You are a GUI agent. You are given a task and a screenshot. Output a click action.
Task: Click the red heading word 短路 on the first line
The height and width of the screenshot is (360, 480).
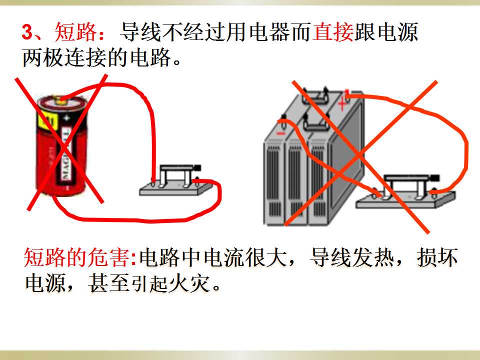[x=75, y=32]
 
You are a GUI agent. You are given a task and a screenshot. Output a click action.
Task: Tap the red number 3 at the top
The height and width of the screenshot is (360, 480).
[x=27, y=32]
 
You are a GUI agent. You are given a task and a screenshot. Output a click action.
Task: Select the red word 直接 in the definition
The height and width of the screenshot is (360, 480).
[x=333, y=32]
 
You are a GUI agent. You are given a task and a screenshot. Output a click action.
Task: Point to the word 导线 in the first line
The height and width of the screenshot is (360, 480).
[x=140, y=32]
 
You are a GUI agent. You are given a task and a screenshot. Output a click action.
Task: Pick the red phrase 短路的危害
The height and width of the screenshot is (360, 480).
[x=77, y=257]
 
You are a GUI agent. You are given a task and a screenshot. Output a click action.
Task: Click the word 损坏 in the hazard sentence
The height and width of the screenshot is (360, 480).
[x=437, y=257]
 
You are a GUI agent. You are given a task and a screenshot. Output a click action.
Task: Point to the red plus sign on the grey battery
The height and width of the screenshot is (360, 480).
[x=342, y=104]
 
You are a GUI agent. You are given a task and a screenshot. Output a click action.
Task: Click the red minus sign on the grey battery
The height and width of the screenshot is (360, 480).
[x=280, y=133]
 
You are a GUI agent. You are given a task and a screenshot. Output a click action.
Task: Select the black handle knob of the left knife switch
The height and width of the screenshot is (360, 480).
[x=197, y=168]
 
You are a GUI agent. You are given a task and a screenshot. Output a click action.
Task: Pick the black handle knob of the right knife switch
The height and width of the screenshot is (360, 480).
[x=435, y=178]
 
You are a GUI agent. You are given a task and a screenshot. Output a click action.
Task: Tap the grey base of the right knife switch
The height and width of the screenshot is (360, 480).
[x=405, y=200]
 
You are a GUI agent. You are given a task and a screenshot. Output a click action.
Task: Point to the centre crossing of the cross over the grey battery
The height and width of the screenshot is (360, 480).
[x=358, y=156]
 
